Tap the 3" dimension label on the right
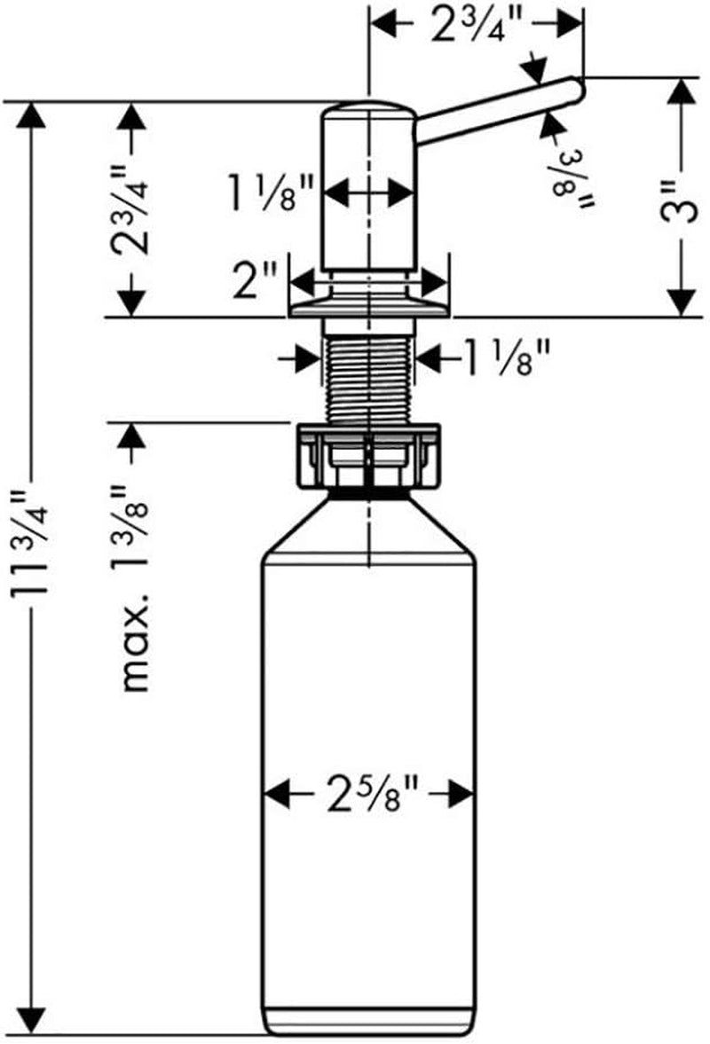(682, 200)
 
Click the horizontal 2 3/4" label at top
(476, 25)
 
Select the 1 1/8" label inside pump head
(271, 192)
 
